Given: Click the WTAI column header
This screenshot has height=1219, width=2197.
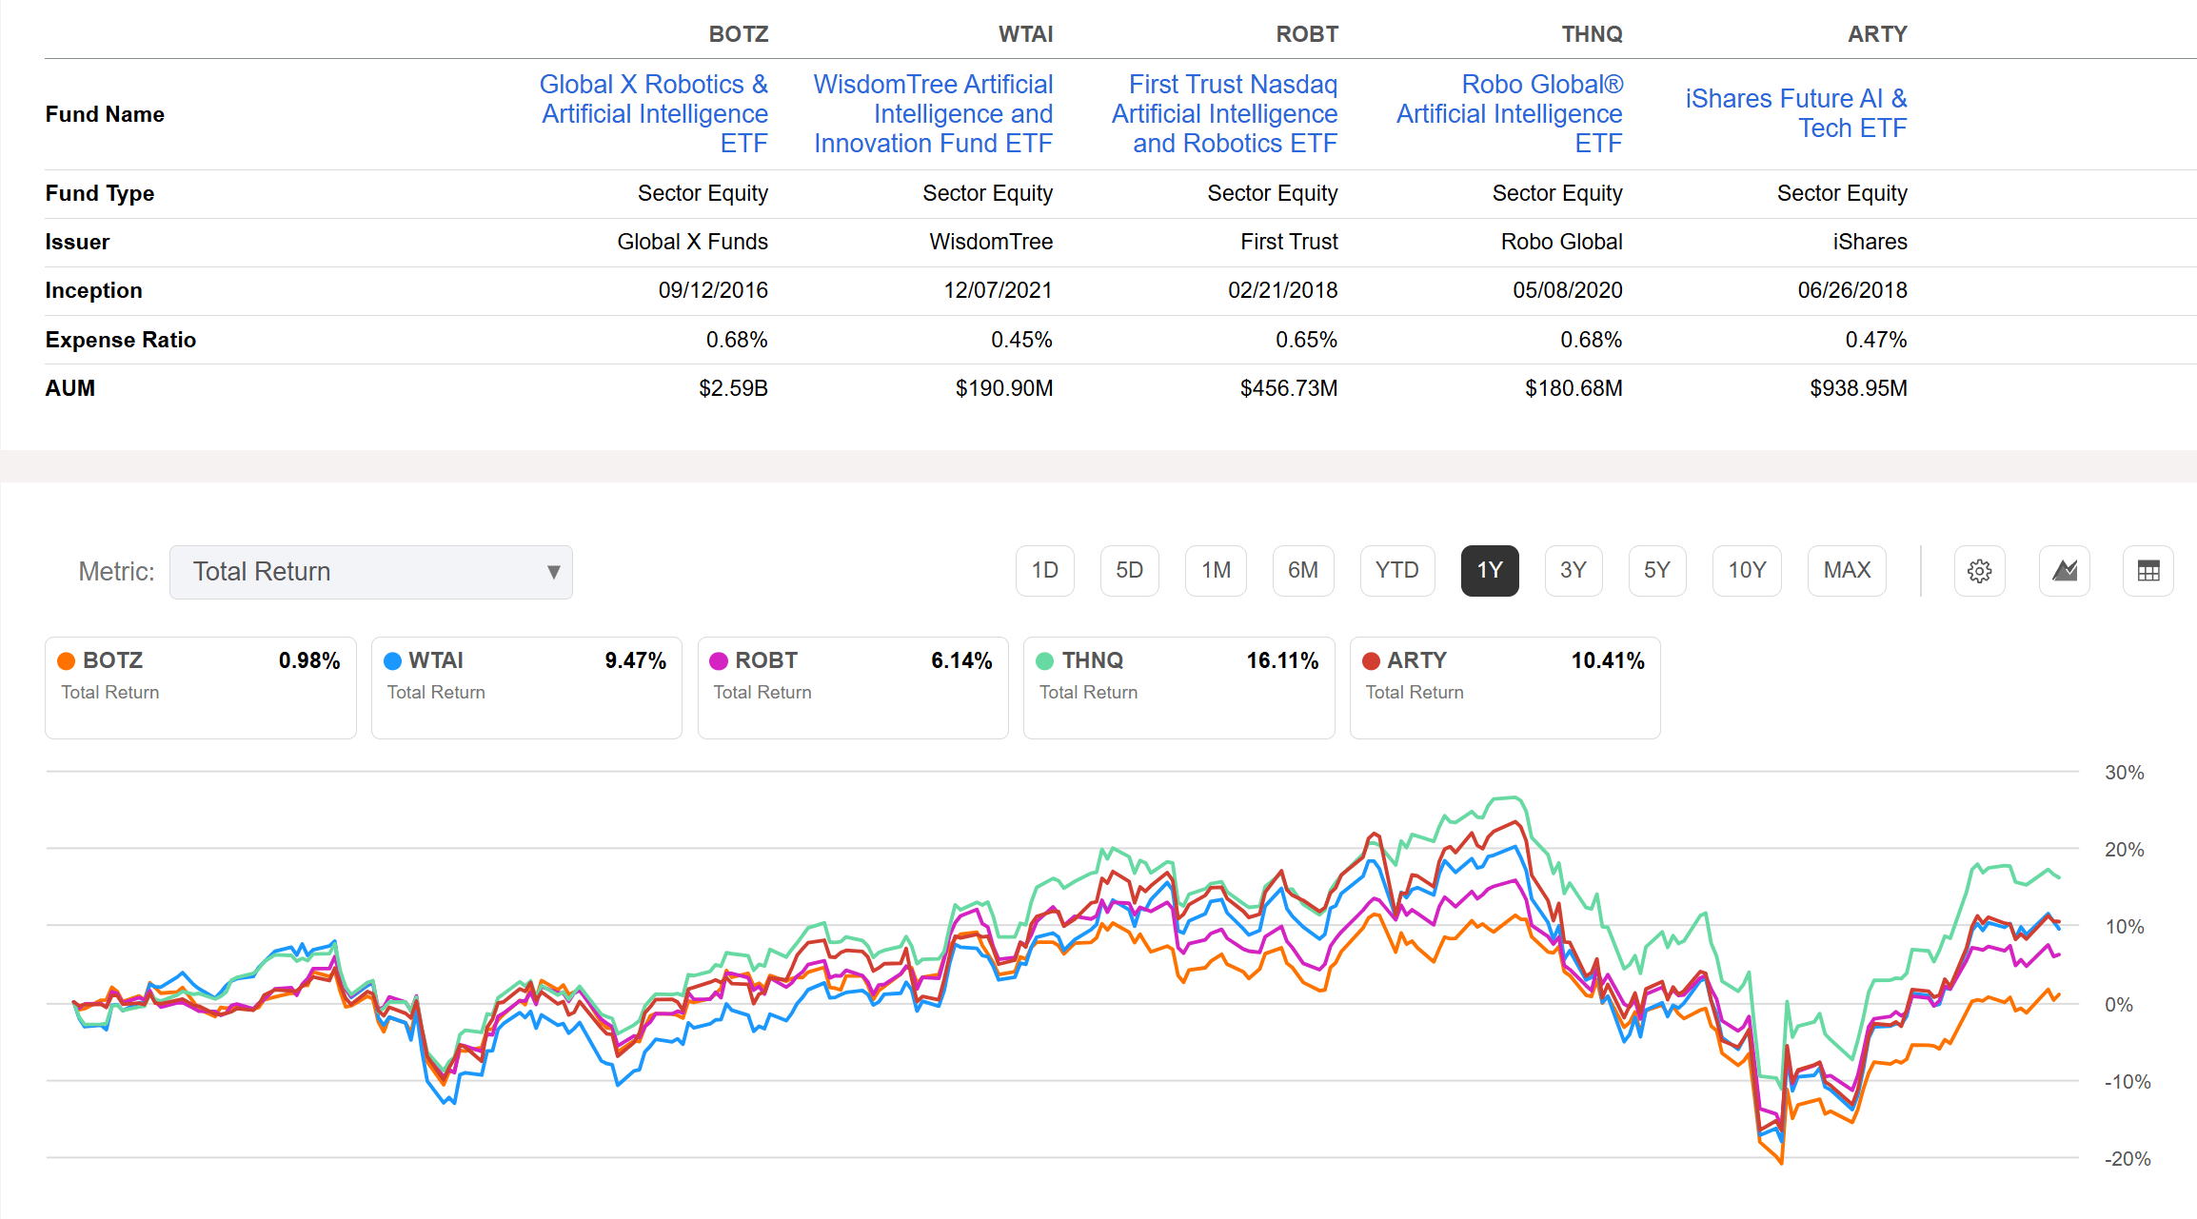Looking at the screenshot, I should (x=1024, y=34).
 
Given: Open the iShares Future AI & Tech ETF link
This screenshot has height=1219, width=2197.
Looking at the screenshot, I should (x=1795, y=113).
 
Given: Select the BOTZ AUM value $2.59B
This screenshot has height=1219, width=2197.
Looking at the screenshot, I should (x=733, y=388).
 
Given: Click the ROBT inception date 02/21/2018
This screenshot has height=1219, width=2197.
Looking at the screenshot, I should (x=1282, y=290).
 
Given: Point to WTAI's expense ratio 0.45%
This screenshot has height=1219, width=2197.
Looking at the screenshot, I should (x=1020, y=340).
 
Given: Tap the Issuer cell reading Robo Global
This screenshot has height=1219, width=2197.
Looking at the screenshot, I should (x=1561, y=242).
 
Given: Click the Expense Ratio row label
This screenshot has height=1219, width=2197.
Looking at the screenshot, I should (x=121, y=340).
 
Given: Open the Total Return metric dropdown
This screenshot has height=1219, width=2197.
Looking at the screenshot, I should (x=370, y=572).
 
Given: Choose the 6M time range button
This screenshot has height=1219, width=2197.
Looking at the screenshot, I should (x=1302, y=571).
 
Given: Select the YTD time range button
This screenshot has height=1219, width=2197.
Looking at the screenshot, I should (x=1396, y=571).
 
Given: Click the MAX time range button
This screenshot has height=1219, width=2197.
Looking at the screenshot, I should (x=1846, y=571).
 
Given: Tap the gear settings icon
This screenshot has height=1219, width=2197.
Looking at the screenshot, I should (x=1979, y=571).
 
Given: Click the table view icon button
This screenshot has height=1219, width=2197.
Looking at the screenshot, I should (x=2148, y=571).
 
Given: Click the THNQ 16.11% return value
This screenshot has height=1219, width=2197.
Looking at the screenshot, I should (x=1282, y=660).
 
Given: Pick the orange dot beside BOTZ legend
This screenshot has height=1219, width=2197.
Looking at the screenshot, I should (x=67, y=661).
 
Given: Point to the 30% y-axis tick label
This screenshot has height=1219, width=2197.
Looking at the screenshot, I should (x=2124, y=773).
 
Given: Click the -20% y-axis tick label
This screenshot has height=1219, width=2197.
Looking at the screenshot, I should (x=2127, y=1159).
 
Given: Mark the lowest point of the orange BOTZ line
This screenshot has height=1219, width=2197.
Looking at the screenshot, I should (x=1780, y=1163).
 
